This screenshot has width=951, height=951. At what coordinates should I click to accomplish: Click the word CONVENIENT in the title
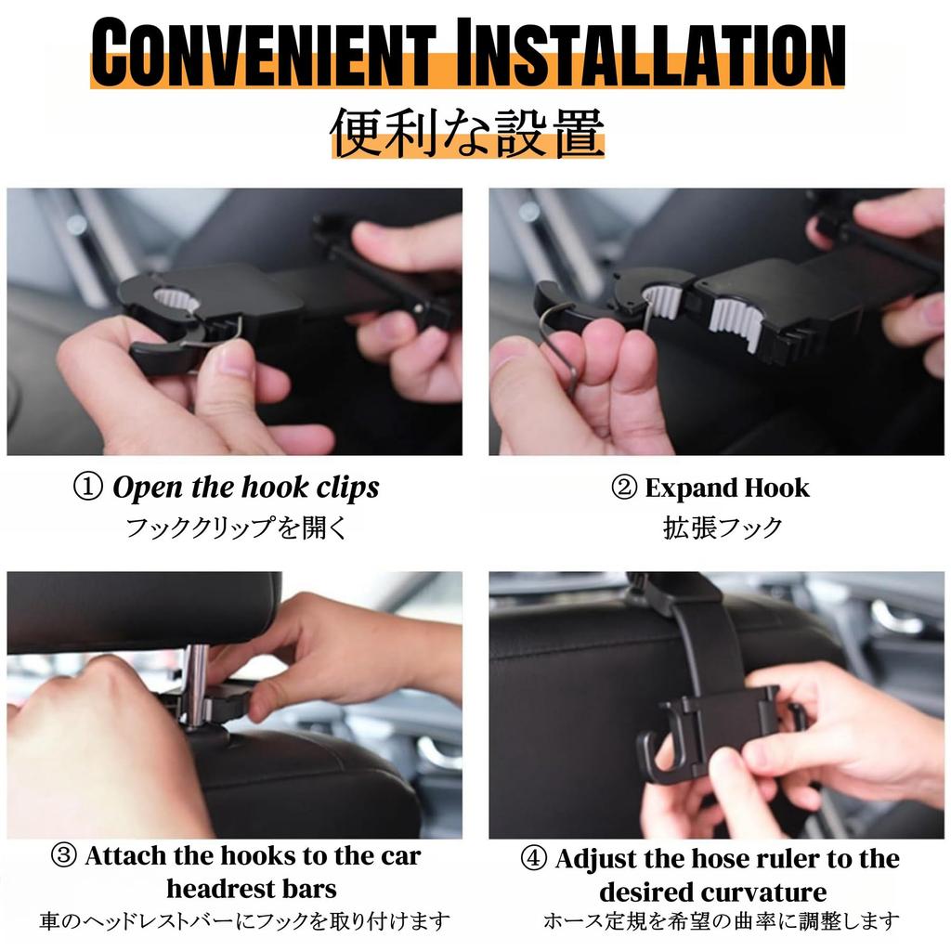[263, 53]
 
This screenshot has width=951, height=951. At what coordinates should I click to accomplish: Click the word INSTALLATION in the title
[650, 53]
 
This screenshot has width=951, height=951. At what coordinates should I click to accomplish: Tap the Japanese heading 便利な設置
[467, 132]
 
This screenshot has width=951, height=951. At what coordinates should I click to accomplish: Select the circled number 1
[88, 487]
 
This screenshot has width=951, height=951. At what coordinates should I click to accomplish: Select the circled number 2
[624, 488]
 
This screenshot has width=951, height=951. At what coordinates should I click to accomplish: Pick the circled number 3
[64, 855]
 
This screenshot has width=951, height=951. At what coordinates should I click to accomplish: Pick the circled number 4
[534, 859]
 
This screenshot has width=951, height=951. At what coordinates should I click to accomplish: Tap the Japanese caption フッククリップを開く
[236, 528]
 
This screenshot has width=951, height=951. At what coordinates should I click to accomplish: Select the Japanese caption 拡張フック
[723, 528]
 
